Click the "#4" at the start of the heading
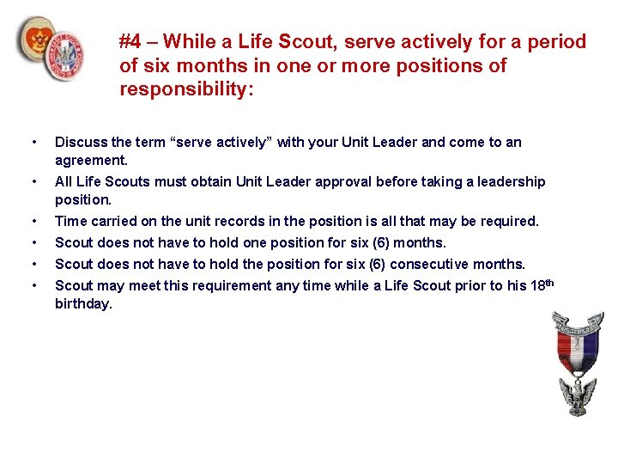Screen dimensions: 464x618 tap(130, 41)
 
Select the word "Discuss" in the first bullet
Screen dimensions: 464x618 tap(81, 143)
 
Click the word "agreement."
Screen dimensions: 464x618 tap(91, 160)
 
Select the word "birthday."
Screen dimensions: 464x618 tap(83, 303)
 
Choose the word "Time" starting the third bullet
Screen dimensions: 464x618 tap(71, 222)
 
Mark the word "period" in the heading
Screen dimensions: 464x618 tap(558, 41)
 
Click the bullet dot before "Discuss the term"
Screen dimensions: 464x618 tap(33, 143)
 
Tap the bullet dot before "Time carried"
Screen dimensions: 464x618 tap(33, 222)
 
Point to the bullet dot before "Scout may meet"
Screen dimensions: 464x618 tap(33, 285)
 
